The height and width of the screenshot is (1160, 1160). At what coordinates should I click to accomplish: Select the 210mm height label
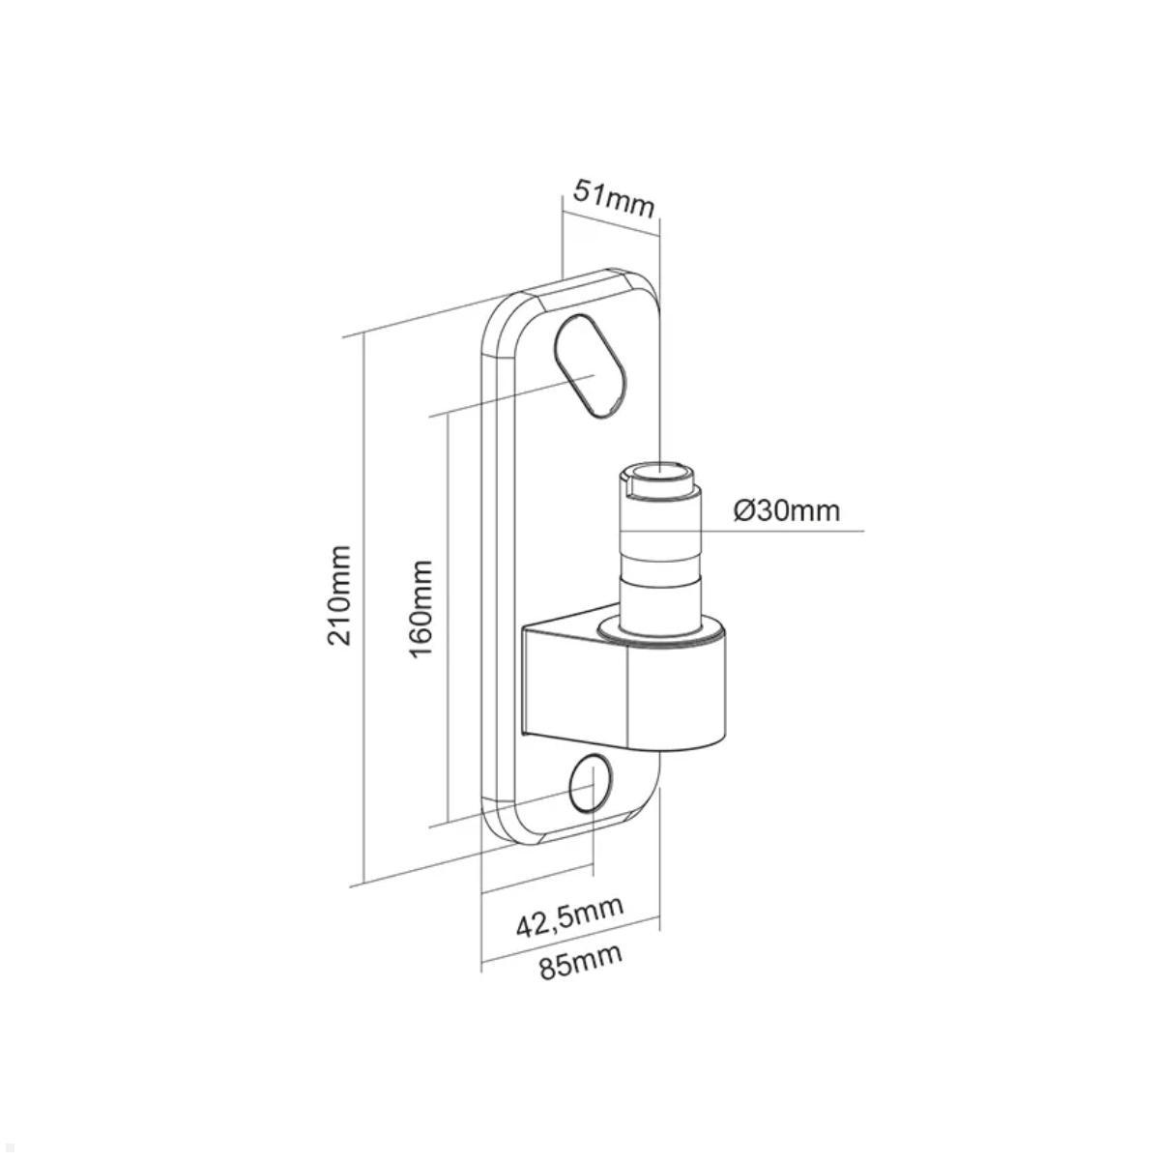(339, 594)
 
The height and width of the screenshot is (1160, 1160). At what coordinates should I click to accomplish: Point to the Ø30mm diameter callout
(786, 509)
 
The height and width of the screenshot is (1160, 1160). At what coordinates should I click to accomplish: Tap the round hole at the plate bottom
(591, 782)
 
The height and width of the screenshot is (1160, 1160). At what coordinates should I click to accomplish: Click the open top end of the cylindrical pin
(657, 475)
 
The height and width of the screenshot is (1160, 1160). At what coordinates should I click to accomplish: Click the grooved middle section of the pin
(657, 562)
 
